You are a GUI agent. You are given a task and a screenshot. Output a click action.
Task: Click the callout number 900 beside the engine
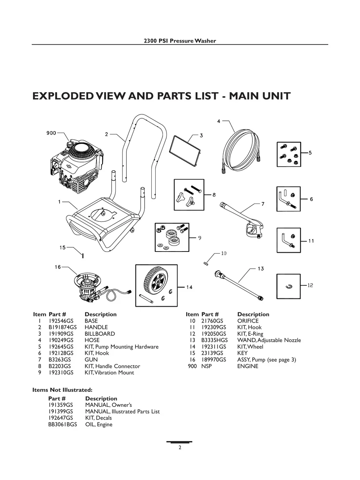click(51, 133)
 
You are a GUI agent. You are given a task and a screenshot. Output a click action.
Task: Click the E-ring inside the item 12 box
click(289, 286)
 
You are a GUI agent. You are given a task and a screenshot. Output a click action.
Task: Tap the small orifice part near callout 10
click(206, 264)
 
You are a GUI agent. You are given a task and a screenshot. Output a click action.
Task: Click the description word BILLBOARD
click(100, 334)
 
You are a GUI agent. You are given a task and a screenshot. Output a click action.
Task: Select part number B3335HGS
click(214, 340)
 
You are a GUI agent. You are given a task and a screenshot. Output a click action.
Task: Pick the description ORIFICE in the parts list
click(248, 321)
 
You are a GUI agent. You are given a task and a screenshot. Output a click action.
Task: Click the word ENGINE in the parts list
click(248, 366)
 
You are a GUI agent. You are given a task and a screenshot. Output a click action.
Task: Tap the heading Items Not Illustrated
click(62, 390)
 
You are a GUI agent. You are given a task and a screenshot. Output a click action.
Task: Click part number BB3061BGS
click(63, 424)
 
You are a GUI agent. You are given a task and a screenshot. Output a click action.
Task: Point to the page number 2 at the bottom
click(180, 447)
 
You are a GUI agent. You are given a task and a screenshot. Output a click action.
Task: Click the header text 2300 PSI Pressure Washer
click(180, 41)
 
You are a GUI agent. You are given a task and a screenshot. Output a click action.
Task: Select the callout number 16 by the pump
click(58, 267)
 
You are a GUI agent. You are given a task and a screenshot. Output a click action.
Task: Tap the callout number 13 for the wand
click(261, 269)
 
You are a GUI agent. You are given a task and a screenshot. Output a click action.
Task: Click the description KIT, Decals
click(99, 418)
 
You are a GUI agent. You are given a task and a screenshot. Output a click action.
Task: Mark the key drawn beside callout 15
click(82, 256)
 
